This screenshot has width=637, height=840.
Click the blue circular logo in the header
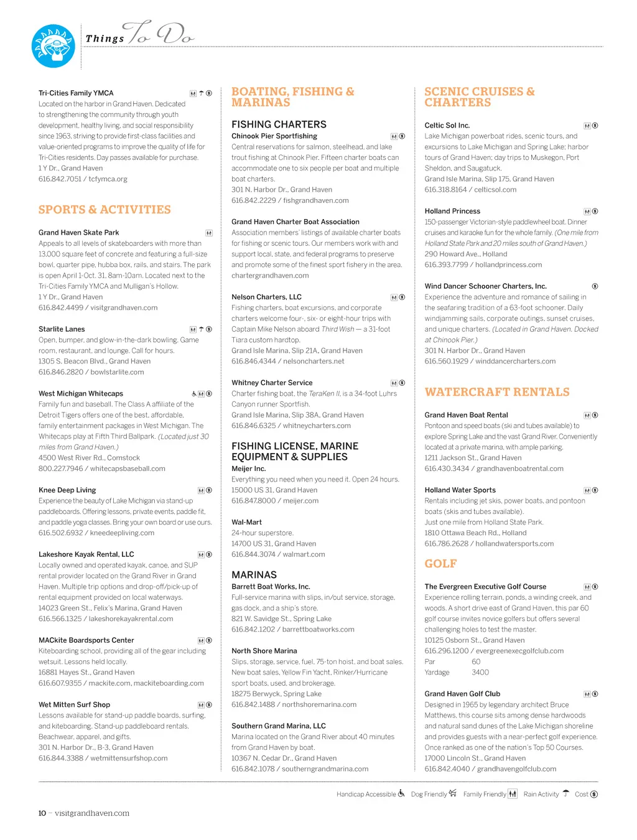click(x=53, y=46)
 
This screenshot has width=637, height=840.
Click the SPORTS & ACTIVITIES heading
click(x=105, y=210)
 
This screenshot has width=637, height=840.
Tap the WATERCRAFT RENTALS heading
click(x=497, y=392)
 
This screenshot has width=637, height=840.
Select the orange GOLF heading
click(x=440, y=564)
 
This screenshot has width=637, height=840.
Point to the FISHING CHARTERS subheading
click(x=279, y=124)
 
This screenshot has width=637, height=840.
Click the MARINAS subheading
click(x=254, y=575)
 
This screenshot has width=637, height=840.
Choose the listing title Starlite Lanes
click(x=62, y=329)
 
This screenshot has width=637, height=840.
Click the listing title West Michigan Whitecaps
click(x=81, y=394)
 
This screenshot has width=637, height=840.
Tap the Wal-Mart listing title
click(x=246, y=523)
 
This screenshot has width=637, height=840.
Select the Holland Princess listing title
click(x=452, y=212)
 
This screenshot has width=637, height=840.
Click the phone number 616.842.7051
click(x=60, y=179)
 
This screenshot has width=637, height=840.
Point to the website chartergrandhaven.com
click(x=270, y=276)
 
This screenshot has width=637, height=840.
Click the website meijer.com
click(x=301, y=501)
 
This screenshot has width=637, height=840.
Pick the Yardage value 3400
click(x=480, y=673)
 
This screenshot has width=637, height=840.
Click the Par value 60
click(x=476, y=662)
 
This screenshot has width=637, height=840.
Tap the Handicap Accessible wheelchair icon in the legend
click(x=401, y=793)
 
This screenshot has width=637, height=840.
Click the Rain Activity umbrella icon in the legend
click(x=565, y=793)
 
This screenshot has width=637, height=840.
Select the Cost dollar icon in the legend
click(x=594, y=794)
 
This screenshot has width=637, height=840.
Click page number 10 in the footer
click(x=42, y=813)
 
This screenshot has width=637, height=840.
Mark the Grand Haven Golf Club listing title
click(x=462, y=694)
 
